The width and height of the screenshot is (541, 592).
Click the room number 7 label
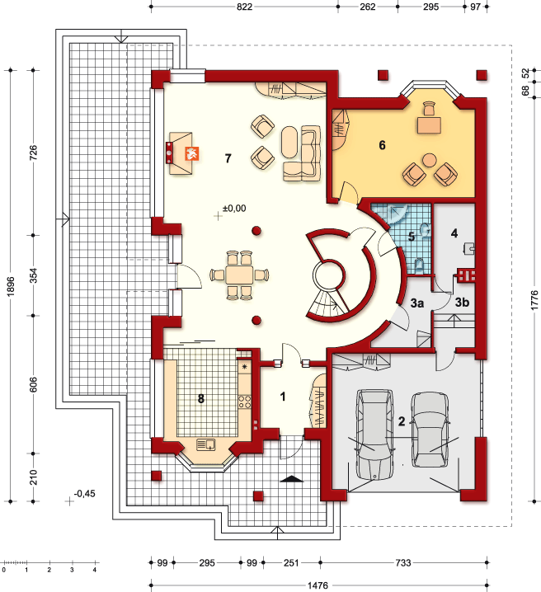[228, 158]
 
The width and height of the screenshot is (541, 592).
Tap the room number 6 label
[382, 145]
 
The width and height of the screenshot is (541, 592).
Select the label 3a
[417, 303]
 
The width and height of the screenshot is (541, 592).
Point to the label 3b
[462, 302]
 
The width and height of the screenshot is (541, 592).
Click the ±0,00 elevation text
[234, 208]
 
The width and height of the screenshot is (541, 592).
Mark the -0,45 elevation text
[85, 493]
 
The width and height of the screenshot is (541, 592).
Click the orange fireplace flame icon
[192, 153]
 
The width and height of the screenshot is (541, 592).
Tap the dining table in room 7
[239, 275]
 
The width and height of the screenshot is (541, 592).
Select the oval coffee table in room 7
[290, 142]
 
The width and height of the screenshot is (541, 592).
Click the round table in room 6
[429, 160]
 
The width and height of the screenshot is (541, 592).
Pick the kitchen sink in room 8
[206, 444]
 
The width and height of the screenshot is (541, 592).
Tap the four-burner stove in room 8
[245, 402]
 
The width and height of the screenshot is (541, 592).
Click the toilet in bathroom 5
[419, 265]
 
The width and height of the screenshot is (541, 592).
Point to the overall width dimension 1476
[318, 585]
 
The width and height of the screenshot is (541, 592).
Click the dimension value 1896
[11, 286]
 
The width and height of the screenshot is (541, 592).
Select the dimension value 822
[244, 7]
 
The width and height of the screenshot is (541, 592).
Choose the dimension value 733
[403, 563]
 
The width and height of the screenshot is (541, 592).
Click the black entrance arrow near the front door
[292, 479]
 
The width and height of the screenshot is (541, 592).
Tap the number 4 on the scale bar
[95, 570]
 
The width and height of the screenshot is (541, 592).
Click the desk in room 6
[429, 125]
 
